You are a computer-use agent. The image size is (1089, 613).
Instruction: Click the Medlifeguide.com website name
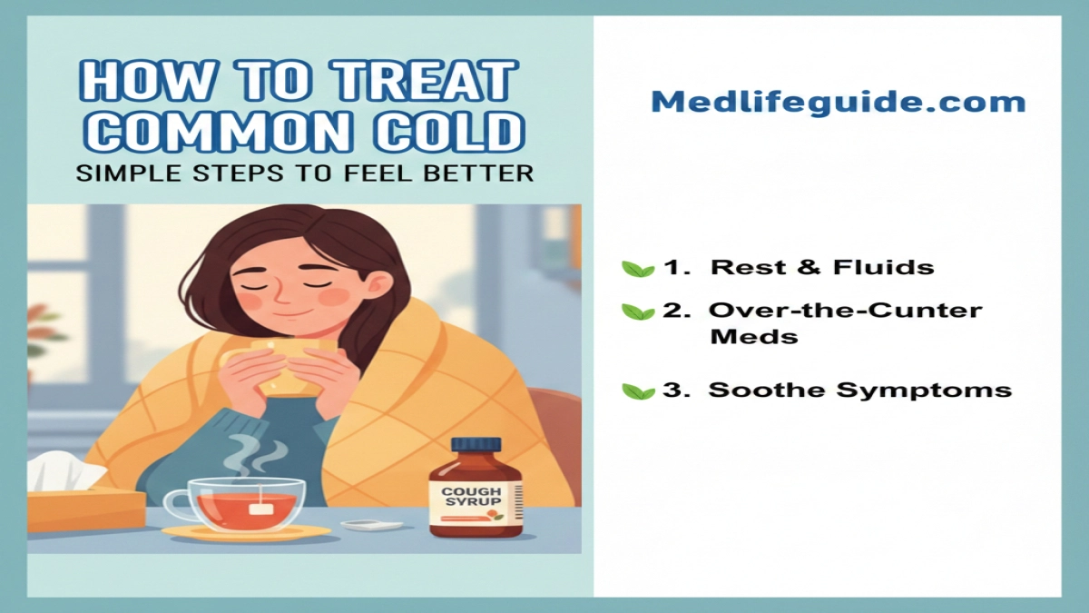click(x=839, y=103)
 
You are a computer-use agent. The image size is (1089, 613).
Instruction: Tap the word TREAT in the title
click(x=422, y=81)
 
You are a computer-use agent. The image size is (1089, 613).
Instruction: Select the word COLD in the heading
click(x=450, y=132)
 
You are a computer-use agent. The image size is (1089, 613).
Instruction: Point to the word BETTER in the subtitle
click(x=479, y=173)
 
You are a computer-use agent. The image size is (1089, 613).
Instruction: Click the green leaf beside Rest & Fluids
click(x=638, y=269)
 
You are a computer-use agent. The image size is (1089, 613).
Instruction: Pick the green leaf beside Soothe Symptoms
click(x=638, y=391)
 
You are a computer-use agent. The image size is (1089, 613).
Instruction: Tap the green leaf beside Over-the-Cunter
click(x=638, y=311)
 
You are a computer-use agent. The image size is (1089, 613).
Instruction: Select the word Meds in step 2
click(x=754, y=336)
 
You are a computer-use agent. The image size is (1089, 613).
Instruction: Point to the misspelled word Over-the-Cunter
click(x=846, y=311)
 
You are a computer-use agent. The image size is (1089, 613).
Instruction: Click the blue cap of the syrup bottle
click(x=476, y=445)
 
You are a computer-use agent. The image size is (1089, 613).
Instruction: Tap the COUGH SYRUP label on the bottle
click(x=471, y=496)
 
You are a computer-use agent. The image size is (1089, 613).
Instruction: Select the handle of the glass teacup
click(x=176, y=505)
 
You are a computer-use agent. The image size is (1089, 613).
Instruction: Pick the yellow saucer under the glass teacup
click(x=246, y=533)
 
